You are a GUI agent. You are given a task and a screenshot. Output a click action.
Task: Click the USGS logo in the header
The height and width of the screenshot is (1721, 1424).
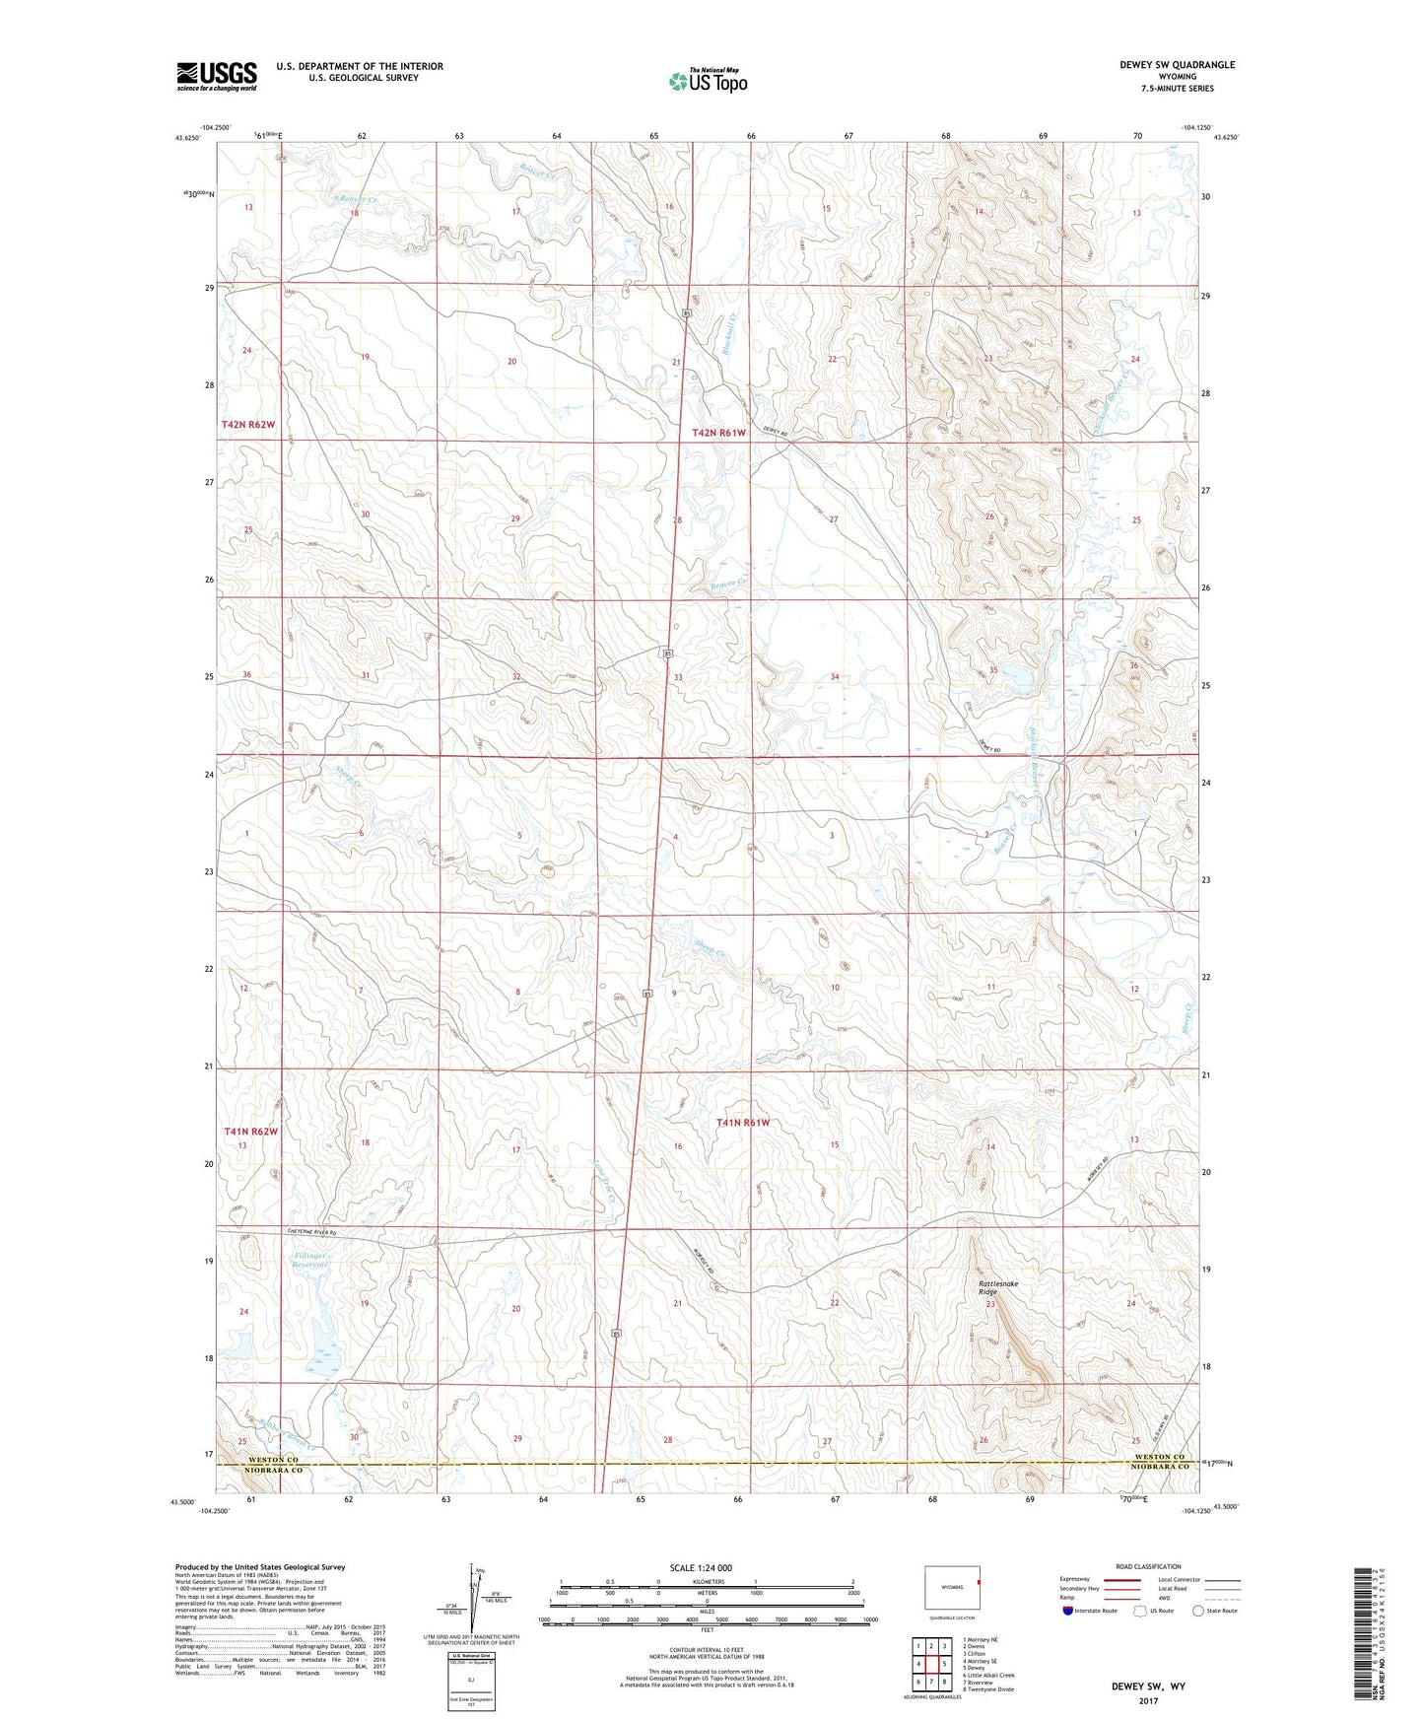pos(217,76)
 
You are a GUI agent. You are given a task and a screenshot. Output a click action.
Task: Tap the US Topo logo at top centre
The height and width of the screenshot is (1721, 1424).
pos(707,81)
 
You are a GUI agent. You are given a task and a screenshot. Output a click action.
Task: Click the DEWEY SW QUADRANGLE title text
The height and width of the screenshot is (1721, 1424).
pos(1177,65)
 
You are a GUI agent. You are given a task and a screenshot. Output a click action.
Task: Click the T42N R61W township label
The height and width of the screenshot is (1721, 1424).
pos(718,433)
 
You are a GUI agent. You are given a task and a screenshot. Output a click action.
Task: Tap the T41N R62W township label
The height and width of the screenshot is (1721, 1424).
pos(250,1132)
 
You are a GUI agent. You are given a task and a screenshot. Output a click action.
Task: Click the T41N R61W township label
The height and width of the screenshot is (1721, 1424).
pos(743,1123)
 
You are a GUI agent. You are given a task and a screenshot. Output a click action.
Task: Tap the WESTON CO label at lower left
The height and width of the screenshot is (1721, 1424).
pos(272,1459)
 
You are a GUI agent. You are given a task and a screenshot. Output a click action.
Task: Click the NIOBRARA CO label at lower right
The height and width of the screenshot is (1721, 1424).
pos(1158,1468)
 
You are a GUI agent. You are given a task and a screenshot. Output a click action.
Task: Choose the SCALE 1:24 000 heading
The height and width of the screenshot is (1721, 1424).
pos(707,1567)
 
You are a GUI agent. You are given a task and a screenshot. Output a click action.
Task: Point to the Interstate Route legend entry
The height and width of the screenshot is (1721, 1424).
pos(1090,1611)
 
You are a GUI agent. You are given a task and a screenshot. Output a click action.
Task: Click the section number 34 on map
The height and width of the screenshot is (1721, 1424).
pos(835,677)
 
